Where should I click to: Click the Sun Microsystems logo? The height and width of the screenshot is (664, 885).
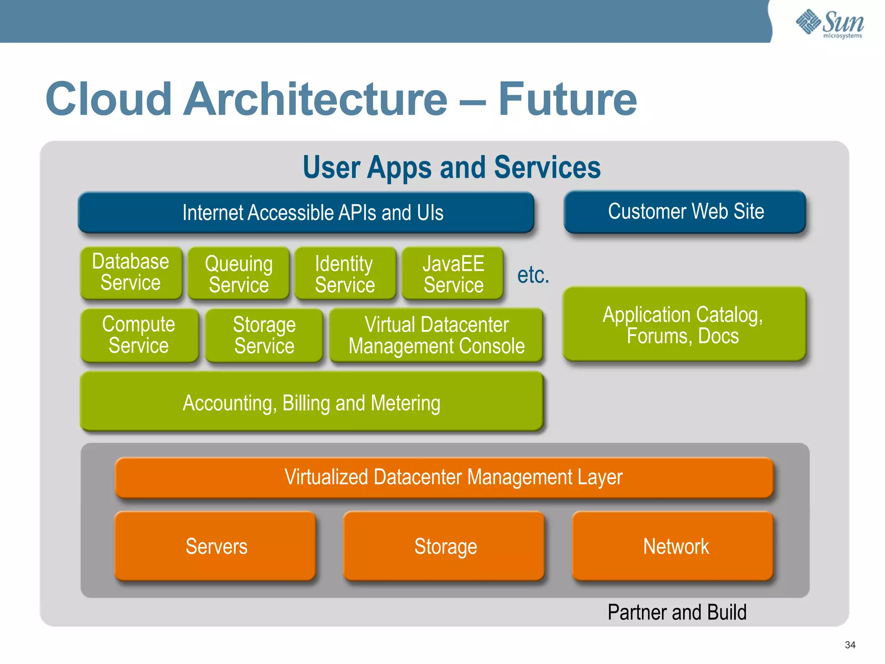pos(830,23)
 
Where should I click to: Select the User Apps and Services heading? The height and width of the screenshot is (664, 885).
pos(451,167)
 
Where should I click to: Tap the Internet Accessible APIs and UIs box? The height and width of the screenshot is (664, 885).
pos(306,212)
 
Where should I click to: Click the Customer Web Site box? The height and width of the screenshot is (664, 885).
pos(685,211)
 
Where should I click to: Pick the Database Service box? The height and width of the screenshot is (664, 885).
pos(131,272)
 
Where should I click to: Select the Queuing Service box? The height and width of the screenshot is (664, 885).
pos(239,274)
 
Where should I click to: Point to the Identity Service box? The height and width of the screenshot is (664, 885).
pos(345,274)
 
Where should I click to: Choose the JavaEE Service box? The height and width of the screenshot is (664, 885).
pos(453,274)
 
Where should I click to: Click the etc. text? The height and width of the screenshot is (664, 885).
pos(533,275)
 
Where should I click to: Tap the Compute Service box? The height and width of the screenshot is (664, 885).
pos(139,335)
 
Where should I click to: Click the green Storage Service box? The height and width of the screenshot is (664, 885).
pos(264,335)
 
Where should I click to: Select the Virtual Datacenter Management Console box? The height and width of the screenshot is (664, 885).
pos(436,335)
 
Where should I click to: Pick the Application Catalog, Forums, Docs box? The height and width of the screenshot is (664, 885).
pos(684,324)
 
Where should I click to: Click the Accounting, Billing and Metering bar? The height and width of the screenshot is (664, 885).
pos(312,402)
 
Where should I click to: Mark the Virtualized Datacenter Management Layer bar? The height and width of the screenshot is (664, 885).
pos(444,477)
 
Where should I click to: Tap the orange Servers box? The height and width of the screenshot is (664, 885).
pos(216,546)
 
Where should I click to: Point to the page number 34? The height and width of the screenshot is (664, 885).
pos(850,645)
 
